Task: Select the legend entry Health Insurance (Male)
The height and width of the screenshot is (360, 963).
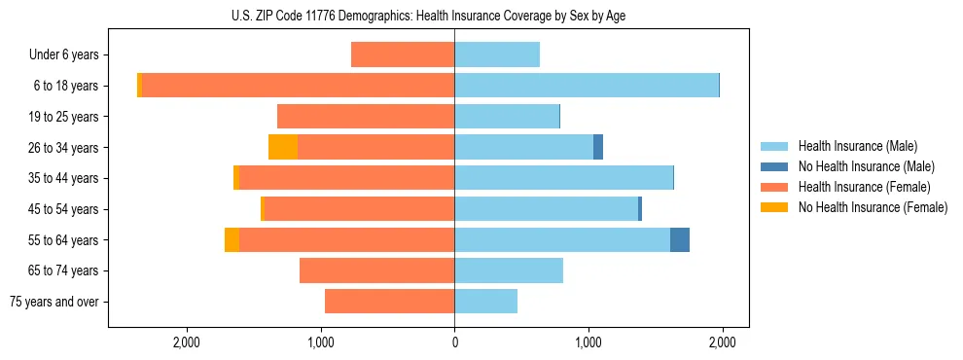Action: [857, 146]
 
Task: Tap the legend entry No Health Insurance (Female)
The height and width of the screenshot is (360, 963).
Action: [873, 207]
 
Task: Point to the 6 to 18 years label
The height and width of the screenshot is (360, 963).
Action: [65, 86]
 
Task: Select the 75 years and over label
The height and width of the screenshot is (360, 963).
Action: [53, 302]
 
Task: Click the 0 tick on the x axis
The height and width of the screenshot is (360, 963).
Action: [454, 342]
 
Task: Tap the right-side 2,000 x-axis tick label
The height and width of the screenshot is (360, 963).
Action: [722, 342]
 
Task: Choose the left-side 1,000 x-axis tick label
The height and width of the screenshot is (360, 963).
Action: [321, 342]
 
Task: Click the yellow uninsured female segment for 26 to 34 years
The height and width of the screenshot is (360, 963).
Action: [283, 147]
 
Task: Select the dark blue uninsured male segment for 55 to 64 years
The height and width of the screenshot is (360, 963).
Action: [680, 239]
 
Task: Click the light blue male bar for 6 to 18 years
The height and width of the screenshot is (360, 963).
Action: [587, 86]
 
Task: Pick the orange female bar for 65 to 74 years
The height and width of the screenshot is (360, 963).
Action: [376, 270]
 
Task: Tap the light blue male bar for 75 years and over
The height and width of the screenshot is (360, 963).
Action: [485, 302]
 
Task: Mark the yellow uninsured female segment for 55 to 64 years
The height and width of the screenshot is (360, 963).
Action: [232, 239]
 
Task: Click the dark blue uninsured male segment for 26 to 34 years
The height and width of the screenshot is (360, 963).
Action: [598, 147]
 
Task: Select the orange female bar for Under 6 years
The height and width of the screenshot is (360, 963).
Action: [403, 54]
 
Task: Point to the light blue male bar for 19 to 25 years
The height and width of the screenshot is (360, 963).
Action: [507, 117]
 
